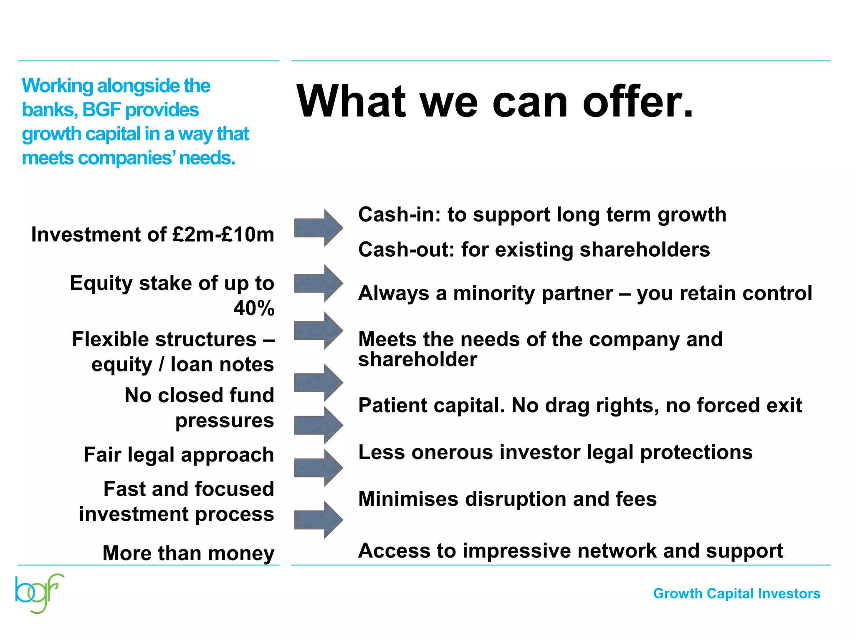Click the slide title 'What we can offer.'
[x=495, y=101]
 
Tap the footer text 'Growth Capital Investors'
[x=736, y=593]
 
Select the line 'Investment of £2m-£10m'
[x=153, y=235]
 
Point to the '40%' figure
[x=254, y=308]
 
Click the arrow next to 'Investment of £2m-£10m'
[x=318, y=228]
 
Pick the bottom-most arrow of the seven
[x=318, y=520]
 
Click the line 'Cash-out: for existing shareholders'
[x=534, y=250]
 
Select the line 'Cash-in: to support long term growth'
[x=542, y=215]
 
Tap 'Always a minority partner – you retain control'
[x=585, y=293]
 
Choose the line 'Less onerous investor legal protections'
[x=555, y=452]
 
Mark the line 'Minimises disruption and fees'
[x=507, y=499]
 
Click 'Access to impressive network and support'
[x=570, y=551]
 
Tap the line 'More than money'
[x=188, y=553]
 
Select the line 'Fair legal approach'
[x=179, y=455]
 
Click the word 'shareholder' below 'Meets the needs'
[x=417, y=360]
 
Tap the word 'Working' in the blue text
[x=57, y=86]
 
